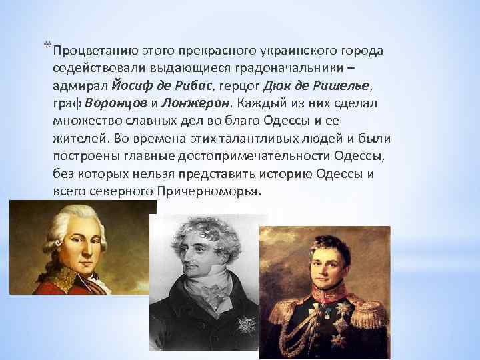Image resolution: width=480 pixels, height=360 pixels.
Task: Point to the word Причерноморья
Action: pyautogui.click(x=211, y=191)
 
